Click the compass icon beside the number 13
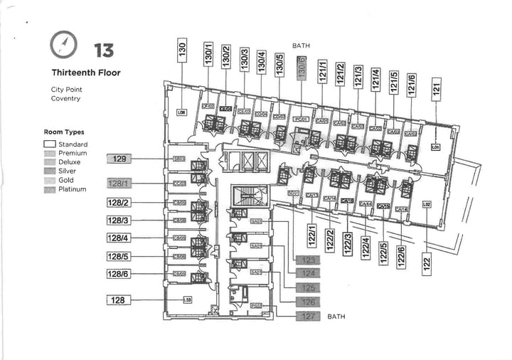(x=63, y=46)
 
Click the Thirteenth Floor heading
(x=86, y=73)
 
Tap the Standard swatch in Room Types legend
(x=49, y=144)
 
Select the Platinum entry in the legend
(x=73, y=189)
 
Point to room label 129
(x=119, y=159)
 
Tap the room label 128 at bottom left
(x=118, y=300)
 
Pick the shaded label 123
(x=307, y=260)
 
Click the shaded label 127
(x=307, y=316)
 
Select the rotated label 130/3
(x=245, y=58)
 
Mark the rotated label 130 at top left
(x=182, y=51)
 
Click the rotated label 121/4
(x=375, y=77)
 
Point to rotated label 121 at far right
(x=437, y=89)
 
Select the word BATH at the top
(x=301, y=46)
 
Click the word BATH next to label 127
(x=336, y=317)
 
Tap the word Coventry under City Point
(x=65, y=99)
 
